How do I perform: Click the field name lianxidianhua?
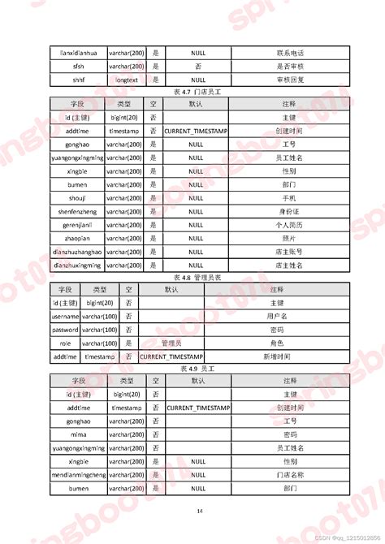click(78, 53)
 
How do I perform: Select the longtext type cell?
click(126, 80)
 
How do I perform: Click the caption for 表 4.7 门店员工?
click(198, 94)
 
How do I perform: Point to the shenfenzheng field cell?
click(77, 212)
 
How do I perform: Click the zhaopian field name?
click(77, 238)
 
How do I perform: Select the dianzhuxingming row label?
click(77, 265)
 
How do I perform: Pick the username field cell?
click(65, 317)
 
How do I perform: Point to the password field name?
click(65, 330)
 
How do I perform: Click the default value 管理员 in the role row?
click(171, 343)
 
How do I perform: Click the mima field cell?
click(79, 435)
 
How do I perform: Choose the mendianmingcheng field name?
click(79, 475)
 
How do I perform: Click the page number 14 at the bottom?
click(200, 511)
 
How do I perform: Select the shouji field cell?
click(77, 198)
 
